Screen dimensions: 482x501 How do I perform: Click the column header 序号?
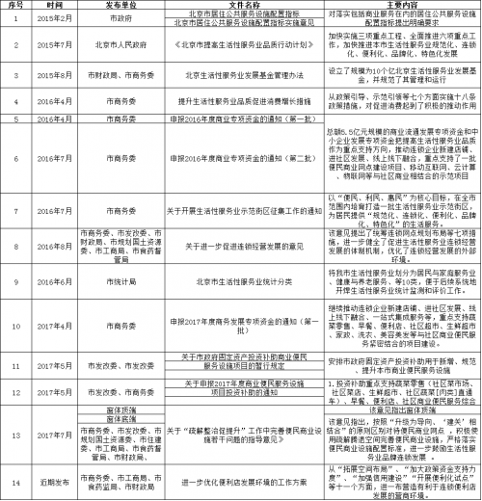point(15,6)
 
